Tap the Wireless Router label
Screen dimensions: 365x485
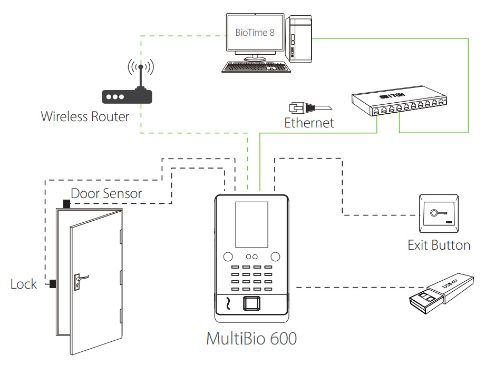point(85,116)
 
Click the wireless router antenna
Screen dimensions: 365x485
point(140,76)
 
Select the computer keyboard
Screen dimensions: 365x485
point(256,67)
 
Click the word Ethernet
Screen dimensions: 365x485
point(309,123)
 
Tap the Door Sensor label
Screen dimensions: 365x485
point(106,193)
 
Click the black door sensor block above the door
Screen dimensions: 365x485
point(66,203)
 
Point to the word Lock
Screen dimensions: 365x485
point(24,284)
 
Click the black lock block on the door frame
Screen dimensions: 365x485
point(53,284)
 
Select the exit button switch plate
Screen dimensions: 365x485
point(438,214)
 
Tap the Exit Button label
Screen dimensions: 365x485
point(439,245)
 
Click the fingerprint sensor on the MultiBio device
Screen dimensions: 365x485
point(252,304)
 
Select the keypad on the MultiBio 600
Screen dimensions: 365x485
point(251,278)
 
